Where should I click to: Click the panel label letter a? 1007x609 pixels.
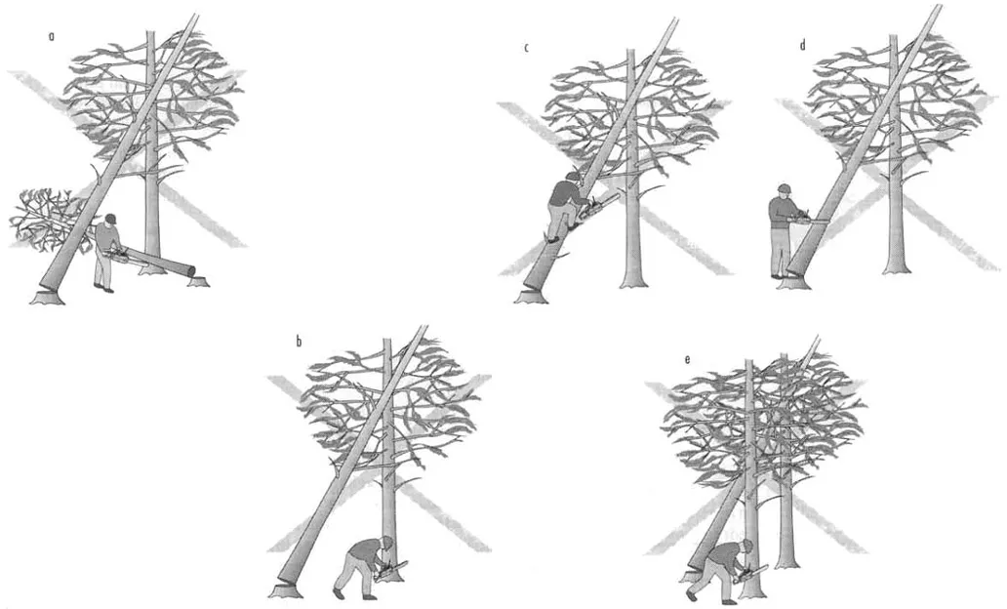coord(52,37)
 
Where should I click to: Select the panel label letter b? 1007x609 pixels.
coord(299,342)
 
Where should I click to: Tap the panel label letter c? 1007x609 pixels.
coord(527,48)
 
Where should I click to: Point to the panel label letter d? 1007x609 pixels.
coord(803,45)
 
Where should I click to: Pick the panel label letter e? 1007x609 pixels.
coord(687,359)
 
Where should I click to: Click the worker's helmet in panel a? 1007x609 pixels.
coord(110,219)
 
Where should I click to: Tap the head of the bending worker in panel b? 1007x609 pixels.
coord(386,543)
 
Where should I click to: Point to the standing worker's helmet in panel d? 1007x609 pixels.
coord(784,189)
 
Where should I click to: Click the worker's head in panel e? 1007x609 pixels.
coord(746,546)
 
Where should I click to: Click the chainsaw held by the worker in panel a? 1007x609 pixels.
coord(119,255)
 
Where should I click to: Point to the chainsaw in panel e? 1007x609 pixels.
coord(752,573)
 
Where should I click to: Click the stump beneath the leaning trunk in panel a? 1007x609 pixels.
coord(48,297)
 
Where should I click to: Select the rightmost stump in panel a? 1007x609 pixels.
coord(197,280)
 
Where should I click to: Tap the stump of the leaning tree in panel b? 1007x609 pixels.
coord(286,591)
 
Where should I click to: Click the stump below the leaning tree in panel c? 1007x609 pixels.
coord(531,296)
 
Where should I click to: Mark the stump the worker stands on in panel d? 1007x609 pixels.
coord(792,283)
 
